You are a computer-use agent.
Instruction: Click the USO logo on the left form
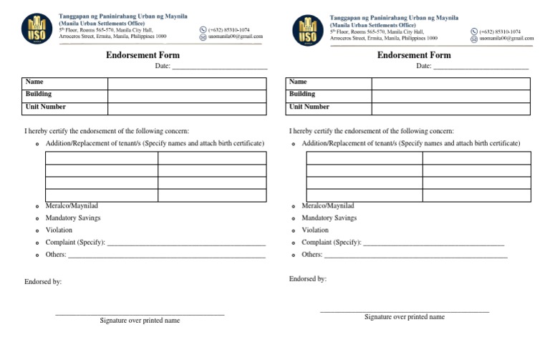37,28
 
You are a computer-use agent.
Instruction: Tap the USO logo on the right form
307,29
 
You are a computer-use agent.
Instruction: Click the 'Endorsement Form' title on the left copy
143,55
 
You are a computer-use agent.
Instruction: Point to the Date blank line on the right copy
481,68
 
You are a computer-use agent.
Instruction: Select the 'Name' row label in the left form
34,82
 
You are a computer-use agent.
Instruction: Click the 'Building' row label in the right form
302,94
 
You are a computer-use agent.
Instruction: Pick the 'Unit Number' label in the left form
46,107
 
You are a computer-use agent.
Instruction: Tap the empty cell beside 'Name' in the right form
450,83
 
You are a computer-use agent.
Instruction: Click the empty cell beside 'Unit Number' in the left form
186,107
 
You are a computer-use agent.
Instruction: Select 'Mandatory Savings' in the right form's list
329,218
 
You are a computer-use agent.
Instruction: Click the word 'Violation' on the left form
59,230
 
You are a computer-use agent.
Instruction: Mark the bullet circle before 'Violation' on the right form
294,230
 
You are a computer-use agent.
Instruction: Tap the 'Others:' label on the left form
56,254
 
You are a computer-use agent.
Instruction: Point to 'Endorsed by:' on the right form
308,278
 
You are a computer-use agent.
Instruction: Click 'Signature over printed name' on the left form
140,321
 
